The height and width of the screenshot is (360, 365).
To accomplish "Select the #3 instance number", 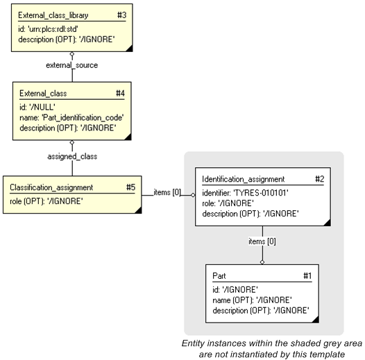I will (x=119, y=15).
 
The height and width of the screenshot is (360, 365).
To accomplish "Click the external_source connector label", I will (x=72, y=65).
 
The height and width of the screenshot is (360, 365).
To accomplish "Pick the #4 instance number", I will (x=120, y=93).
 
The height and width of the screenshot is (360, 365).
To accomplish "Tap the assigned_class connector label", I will (x=73, y=156).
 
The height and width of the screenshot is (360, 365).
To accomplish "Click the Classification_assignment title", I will (x=51, y=187).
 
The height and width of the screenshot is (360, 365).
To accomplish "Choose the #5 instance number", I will (x=130, y=187).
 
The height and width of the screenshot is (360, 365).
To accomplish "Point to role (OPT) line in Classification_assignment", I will (x=46, y=201).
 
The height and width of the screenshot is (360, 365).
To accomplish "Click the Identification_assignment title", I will (x=243, y=179).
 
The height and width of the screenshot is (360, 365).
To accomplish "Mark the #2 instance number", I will (x=319, y=179).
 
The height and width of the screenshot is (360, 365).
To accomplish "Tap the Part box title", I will (x=219, y=275).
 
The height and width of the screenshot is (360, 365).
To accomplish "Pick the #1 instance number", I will (x=307, y=275).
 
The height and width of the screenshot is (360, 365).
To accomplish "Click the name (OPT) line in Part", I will (x=251, y=300).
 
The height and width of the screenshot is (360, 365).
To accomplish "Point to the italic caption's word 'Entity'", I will (x=196, y=343).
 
